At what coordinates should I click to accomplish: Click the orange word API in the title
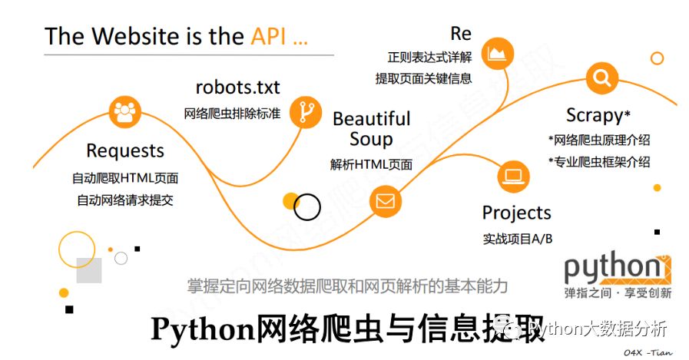(x=270, y=37)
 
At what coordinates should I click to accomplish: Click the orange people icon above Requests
(x=123, y=112)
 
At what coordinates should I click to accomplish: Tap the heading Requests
(x=125, y=150)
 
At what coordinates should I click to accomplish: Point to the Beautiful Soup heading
(x=372, y=128)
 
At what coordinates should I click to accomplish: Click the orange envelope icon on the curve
(x=384, y=201)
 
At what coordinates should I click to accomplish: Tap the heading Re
(x=461, y=34)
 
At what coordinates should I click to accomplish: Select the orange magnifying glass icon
(x=601, y=78)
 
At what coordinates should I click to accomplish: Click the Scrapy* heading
(x=598, y=115)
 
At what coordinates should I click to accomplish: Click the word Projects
(x=517, y=213)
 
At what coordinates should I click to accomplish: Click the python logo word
(x=611, y=268)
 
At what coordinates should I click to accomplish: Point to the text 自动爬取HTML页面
(x=125, y=179)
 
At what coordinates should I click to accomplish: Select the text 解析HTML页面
(x=371, y=164)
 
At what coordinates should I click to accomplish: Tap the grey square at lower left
(x=89, y=270)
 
